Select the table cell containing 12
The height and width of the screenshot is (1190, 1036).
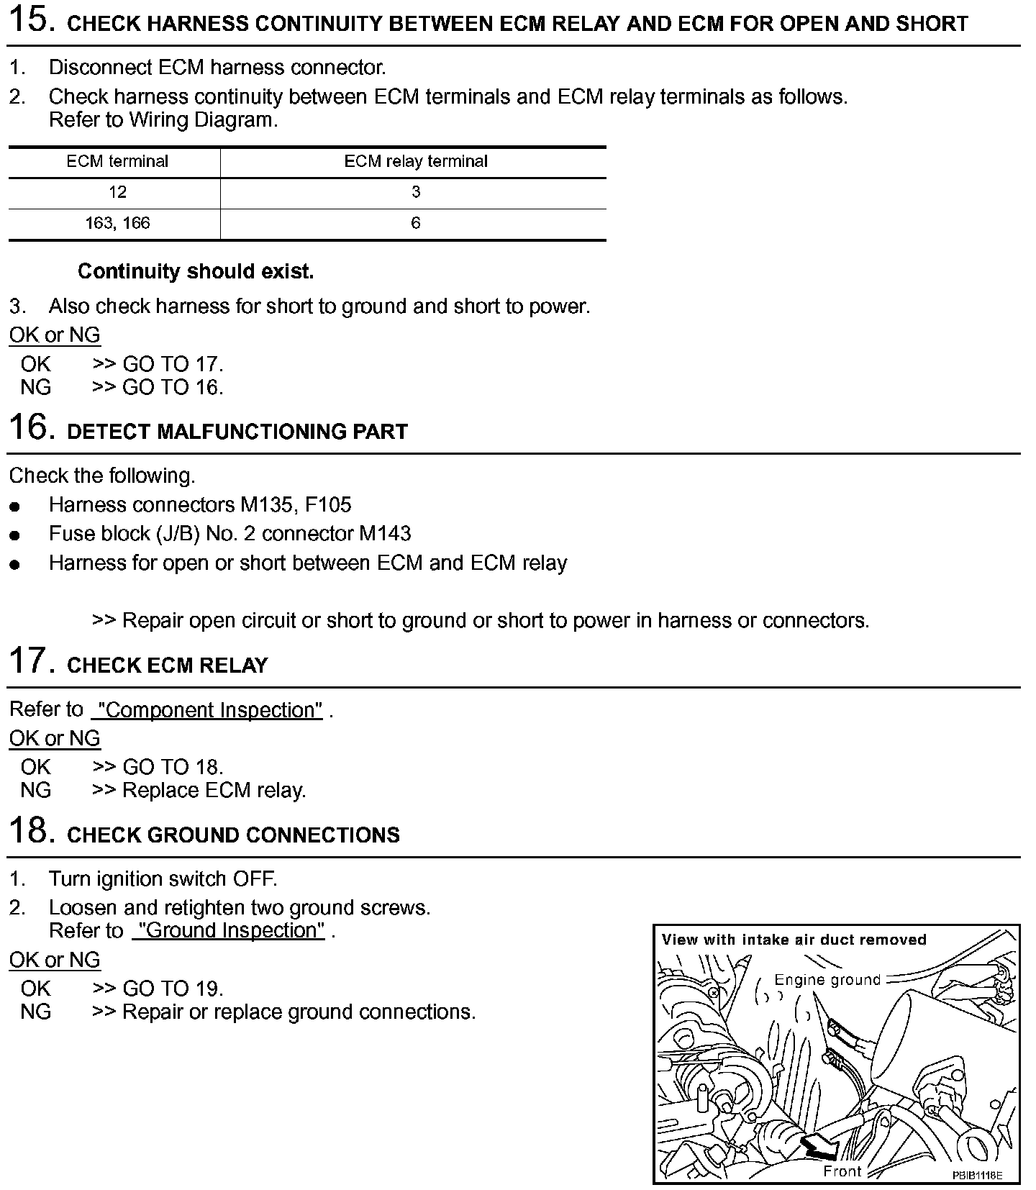pos(117,192)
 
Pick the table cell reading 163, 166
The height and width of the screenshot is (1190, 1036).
pos(117,223)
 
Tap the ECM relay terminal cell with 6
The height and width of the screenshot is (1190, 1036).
pos(415,223)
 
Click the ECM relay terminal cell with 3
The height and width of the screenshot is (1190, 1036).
pos(415,192)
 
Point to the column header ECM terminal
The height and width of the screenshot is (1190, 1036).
pos(117,161)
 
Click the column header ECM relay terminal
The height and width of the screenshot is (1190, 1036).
pos(415,161)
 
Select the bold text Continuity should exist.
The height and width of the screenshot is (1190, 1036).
pos(196,271)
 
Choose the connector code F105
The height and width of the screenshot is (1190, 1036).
pos(329,504)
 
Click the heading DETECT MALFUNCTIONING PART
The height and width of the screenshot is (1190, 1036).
pos(237,432)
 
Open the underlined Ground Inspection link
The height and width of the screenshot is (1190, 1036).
pos(231,931)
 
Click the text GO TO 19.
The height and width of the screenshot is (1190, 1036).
pos(173,989)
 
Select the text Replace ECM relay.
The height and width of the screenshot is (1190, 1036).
pos(214,791)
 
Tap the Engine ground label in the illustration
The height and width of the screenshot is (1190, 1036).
pos(827,980)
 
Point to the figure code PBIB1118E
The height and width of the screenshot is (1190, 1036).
pos(977,1175)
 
